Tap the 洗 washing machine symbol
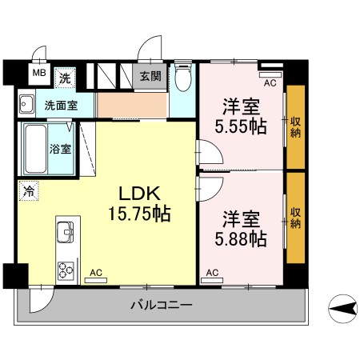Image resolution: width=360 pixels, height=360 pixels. click(x=66, y=78)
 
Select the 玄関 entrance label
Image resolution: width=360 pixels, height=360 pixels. click(x=150, y=78)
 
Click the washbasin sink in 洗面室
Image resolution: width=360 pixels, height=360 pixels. click(x=26, y=103)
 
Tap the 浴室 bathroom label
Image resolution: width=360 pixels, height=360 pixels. click(x=60, y=149)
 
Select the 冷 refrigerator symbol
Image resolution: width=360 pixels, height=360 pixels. click(x=29, y=191)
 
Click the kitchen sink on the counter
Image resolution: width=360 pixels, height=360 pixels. click(x=64, y=234)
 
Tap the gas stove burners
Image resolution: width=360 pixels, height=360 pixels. click(x=63, y=267)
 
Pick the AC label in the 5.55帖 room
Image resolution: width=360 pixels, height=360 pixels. click(x=270, y=82)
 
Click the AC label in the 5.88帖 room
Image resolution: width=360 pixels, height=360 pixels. click(x=213, y=274)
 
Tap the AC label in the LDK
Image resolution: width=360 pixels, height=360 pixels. click(x=97, y=272)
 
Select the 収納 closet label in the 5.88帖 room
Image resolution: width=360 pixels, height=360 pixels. click(x=295, y=217)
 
